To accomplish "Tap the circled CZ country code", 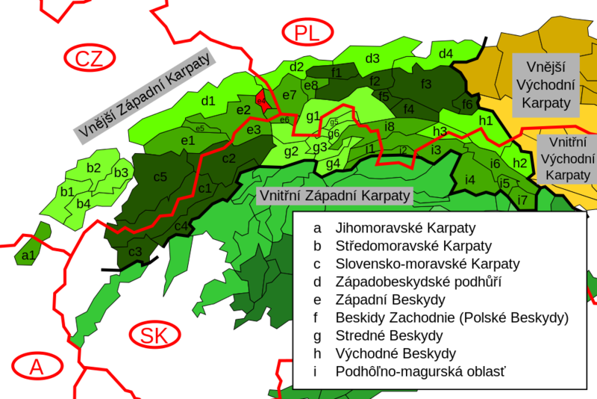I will tap(90, 58).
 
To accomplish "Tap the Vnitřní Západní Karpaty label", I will tap(335, 196).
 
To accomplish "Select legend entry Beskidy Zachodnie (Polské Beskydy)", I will tap(452, 318).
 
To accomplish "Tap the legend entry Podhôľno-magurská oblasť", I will tap(426, 371).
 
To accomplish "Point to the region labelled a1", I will tap(29, 256).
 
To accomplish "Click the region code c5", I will tap(160, 177).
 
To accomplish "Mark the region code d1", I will tap(208, 101).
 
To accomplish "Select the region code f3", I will tap(426, 83).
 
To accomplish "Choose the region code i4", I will tap(469, 180).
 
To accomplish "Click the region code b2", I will tap(93, 168).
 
